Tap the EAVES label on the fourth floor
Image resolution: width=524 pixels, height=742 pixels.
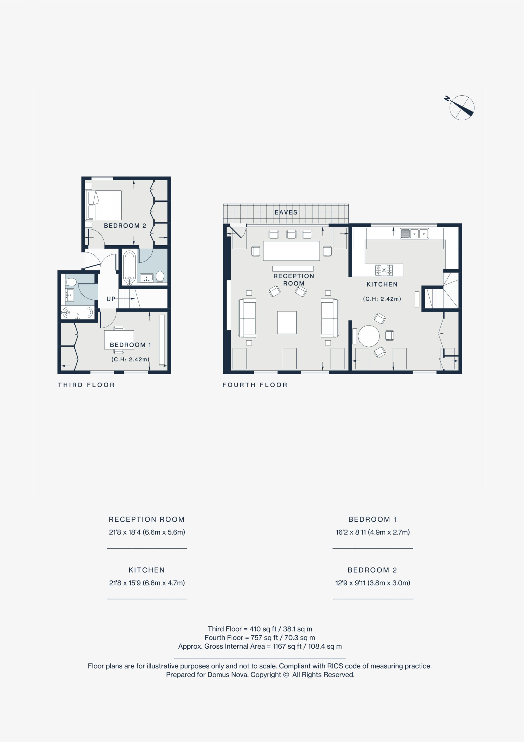286,212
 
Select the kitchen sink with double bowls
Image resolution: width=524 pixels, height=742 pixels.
415,233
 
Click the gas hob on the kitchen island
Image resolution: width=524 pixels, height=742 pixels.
384,270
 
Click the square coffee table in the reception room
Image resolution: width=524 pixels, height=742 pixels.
286,323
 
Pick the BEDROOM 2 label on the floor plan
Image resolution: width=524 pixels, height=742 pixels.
125,225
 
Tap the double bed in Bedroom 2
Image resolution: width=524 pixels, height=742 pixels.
104,205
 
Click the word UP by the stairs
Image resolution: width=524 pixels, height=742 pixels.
111,299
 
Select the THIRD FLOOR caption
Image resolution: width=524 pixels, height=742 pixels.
86,385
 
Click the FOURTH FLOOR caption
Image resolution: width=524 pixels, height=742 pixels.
255,385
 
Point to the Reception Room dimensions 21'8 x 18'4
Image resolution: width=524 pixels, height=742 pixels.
147,532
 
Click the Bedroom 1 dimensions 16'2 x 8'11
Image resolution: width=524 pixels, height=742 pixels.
373,532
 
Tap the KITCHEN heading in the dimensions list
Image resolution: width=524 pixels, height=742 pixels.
147,570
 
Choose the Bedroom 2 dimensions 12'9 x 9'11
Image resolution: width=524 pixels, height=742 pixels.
373,583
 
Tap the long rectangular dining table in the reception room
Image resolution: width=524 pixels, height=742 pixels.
291,250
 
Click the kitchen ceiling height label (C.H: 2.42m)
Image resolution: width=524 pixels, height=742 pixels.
382,299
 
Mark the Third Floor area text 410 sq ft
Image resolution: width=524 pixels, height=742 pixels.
263,629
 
